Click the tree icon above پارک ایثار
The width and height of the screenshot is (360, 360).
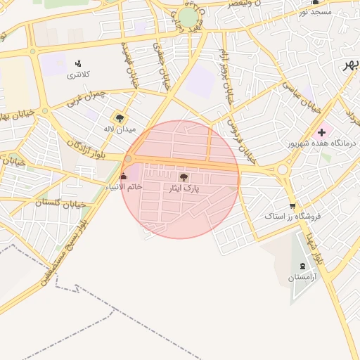coord(184,178)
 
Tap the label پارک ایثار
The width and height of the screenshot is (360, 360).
coord(184,189)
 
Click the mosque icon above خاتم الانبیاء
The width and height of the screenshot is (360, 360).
coord(124,176)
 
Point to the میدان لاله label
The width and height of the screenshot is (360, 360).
coord(118,129)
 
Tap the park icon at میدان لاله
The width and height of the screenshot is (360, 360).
coord(118,117)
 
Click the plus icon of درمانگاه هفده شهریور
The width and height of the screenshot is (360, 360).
coord(322,131)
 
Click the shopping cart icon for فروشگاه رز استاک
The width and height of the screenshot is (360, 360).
coord(292,205)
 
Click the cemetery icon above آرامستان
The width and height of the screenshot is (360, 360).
coord(303,266)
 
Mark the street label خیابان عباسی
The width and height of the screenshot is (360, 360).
coord(302,97)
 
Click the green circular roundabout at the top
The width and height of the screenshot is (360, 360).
coord(188,18)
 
